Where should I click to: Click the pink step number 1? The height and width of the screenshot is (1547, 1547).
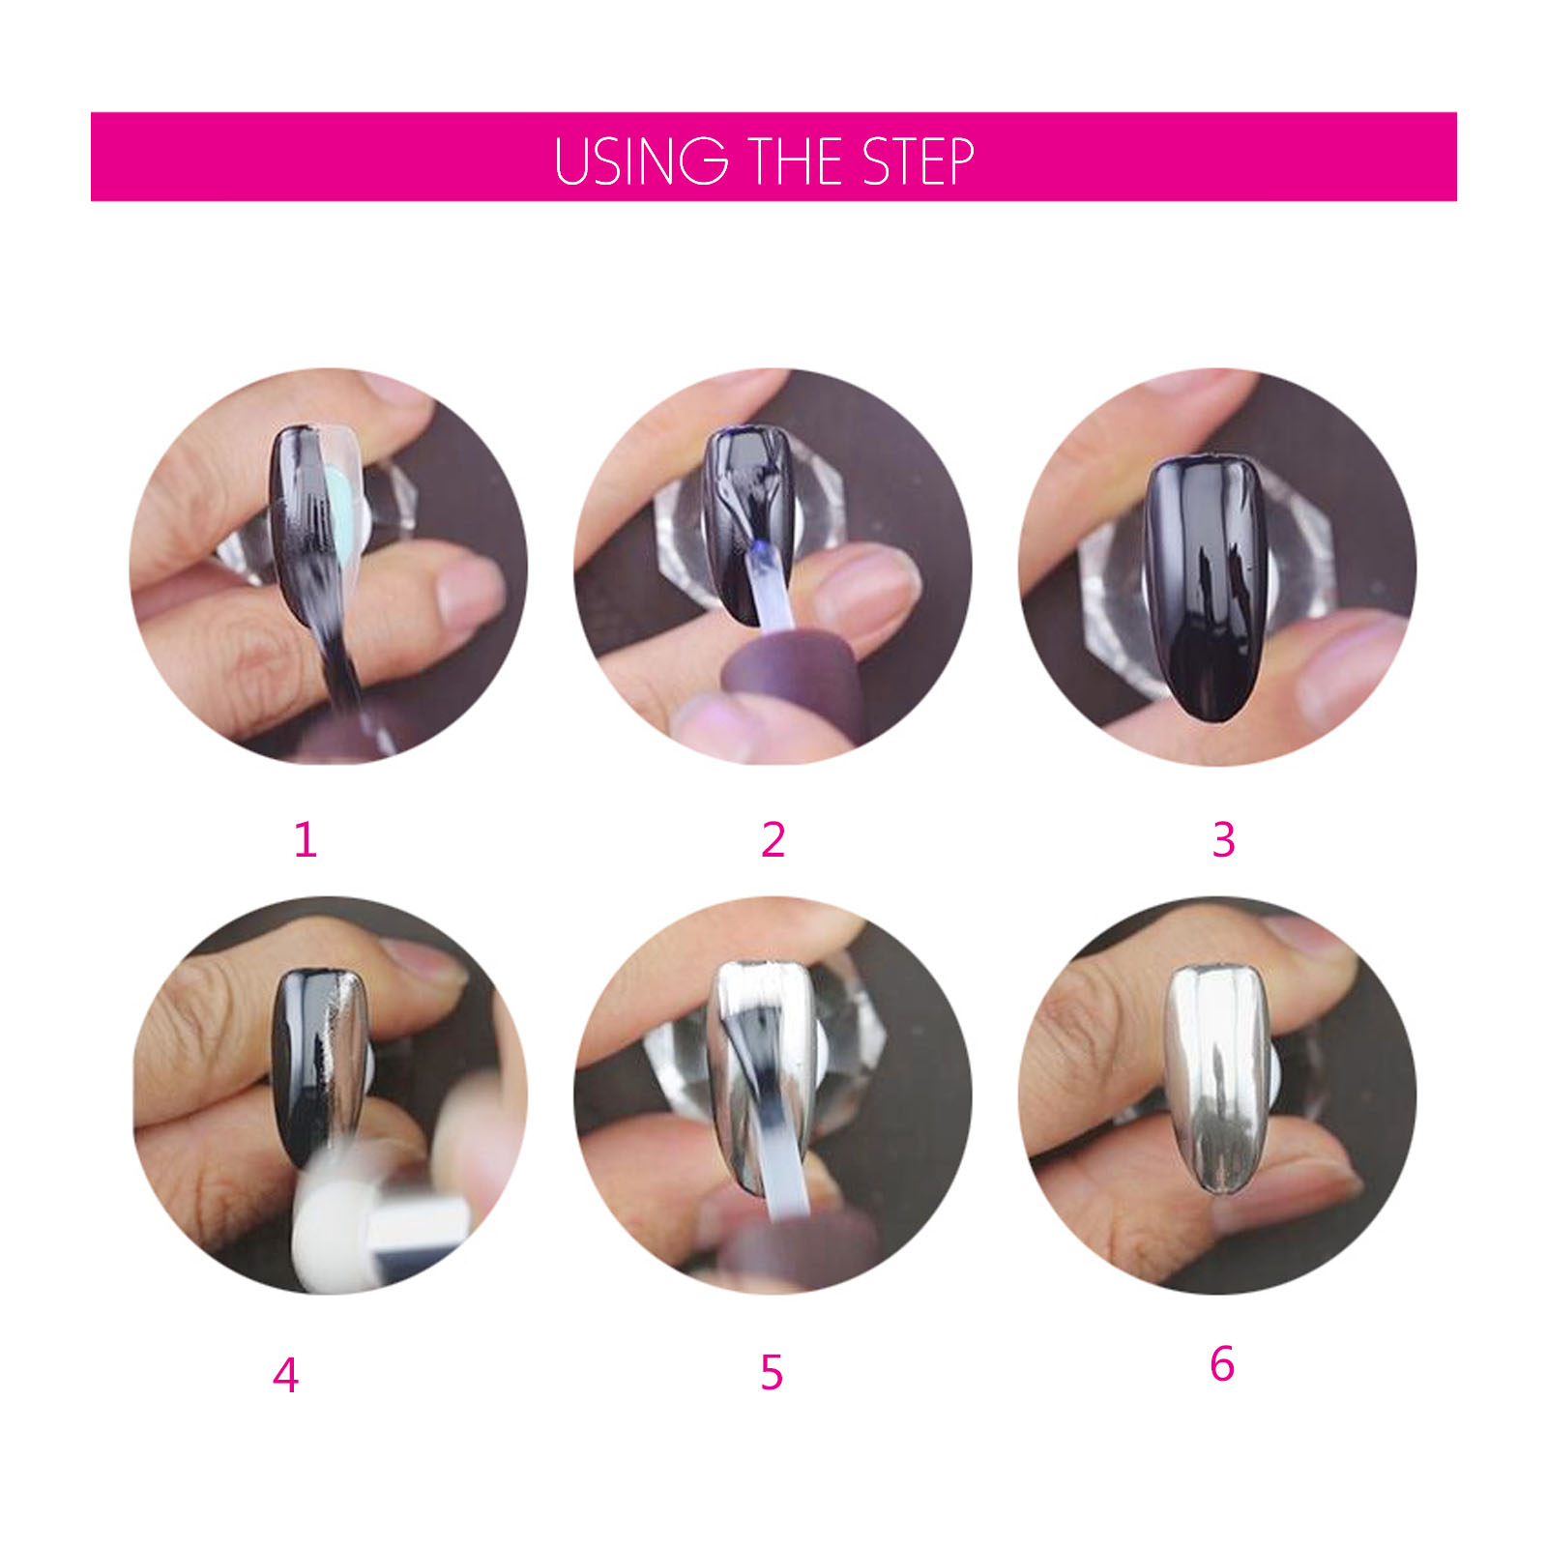306,839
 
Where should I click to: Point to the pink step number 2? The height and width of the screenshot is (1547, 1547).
773,839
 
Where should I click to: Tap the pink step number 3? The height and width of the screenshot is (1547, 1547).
1223,839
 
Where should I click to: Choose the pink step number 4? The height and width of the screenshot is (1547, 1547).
285,1375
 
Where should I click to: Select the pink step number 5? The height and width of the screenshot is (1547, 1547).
772,1372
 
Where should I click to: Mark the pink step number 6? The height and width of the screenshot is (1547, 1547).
1222,1363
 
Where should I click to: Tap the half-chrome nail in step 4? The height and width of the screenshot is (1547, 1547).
321,1064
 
